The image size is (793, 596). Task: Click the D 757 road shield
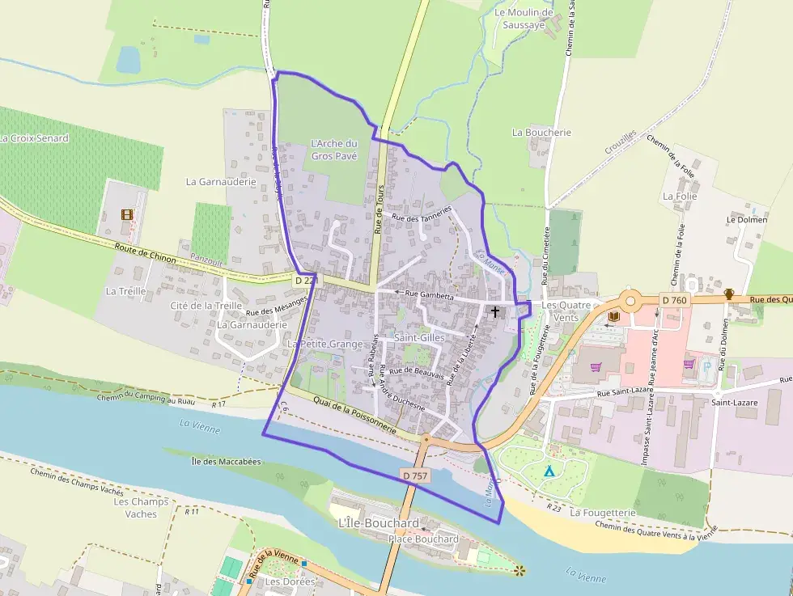coord(414,476)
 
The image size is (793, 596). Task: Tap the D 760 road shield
coord(673,300)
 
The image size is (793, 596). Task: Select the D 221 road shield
coord(305,280)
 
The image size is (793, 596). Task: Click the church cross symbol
coord(495,311)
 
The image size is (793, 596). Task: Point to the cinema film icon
coord(125,214)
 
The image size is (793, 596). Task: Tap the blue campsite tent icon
coord(549,471)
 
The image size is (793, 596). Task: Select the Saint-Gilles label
coord(419,336)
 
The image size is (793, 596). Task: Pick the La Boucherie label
coord(541,132)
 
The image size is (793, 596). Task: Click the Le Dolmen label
coord(745,219)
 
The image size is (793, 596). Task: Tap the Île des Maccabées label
coord(226,462)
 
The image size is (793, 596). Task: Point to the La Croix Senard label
coord(34,138)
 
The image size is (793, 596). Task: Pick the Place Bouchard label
coord(423,539)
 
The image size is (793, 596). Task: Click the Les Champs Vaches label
coord(141,507)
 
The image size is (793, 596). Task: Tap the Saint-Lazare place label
coord(733,402)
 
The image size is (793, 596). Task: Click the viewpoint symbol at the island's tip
coord(519,571)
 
